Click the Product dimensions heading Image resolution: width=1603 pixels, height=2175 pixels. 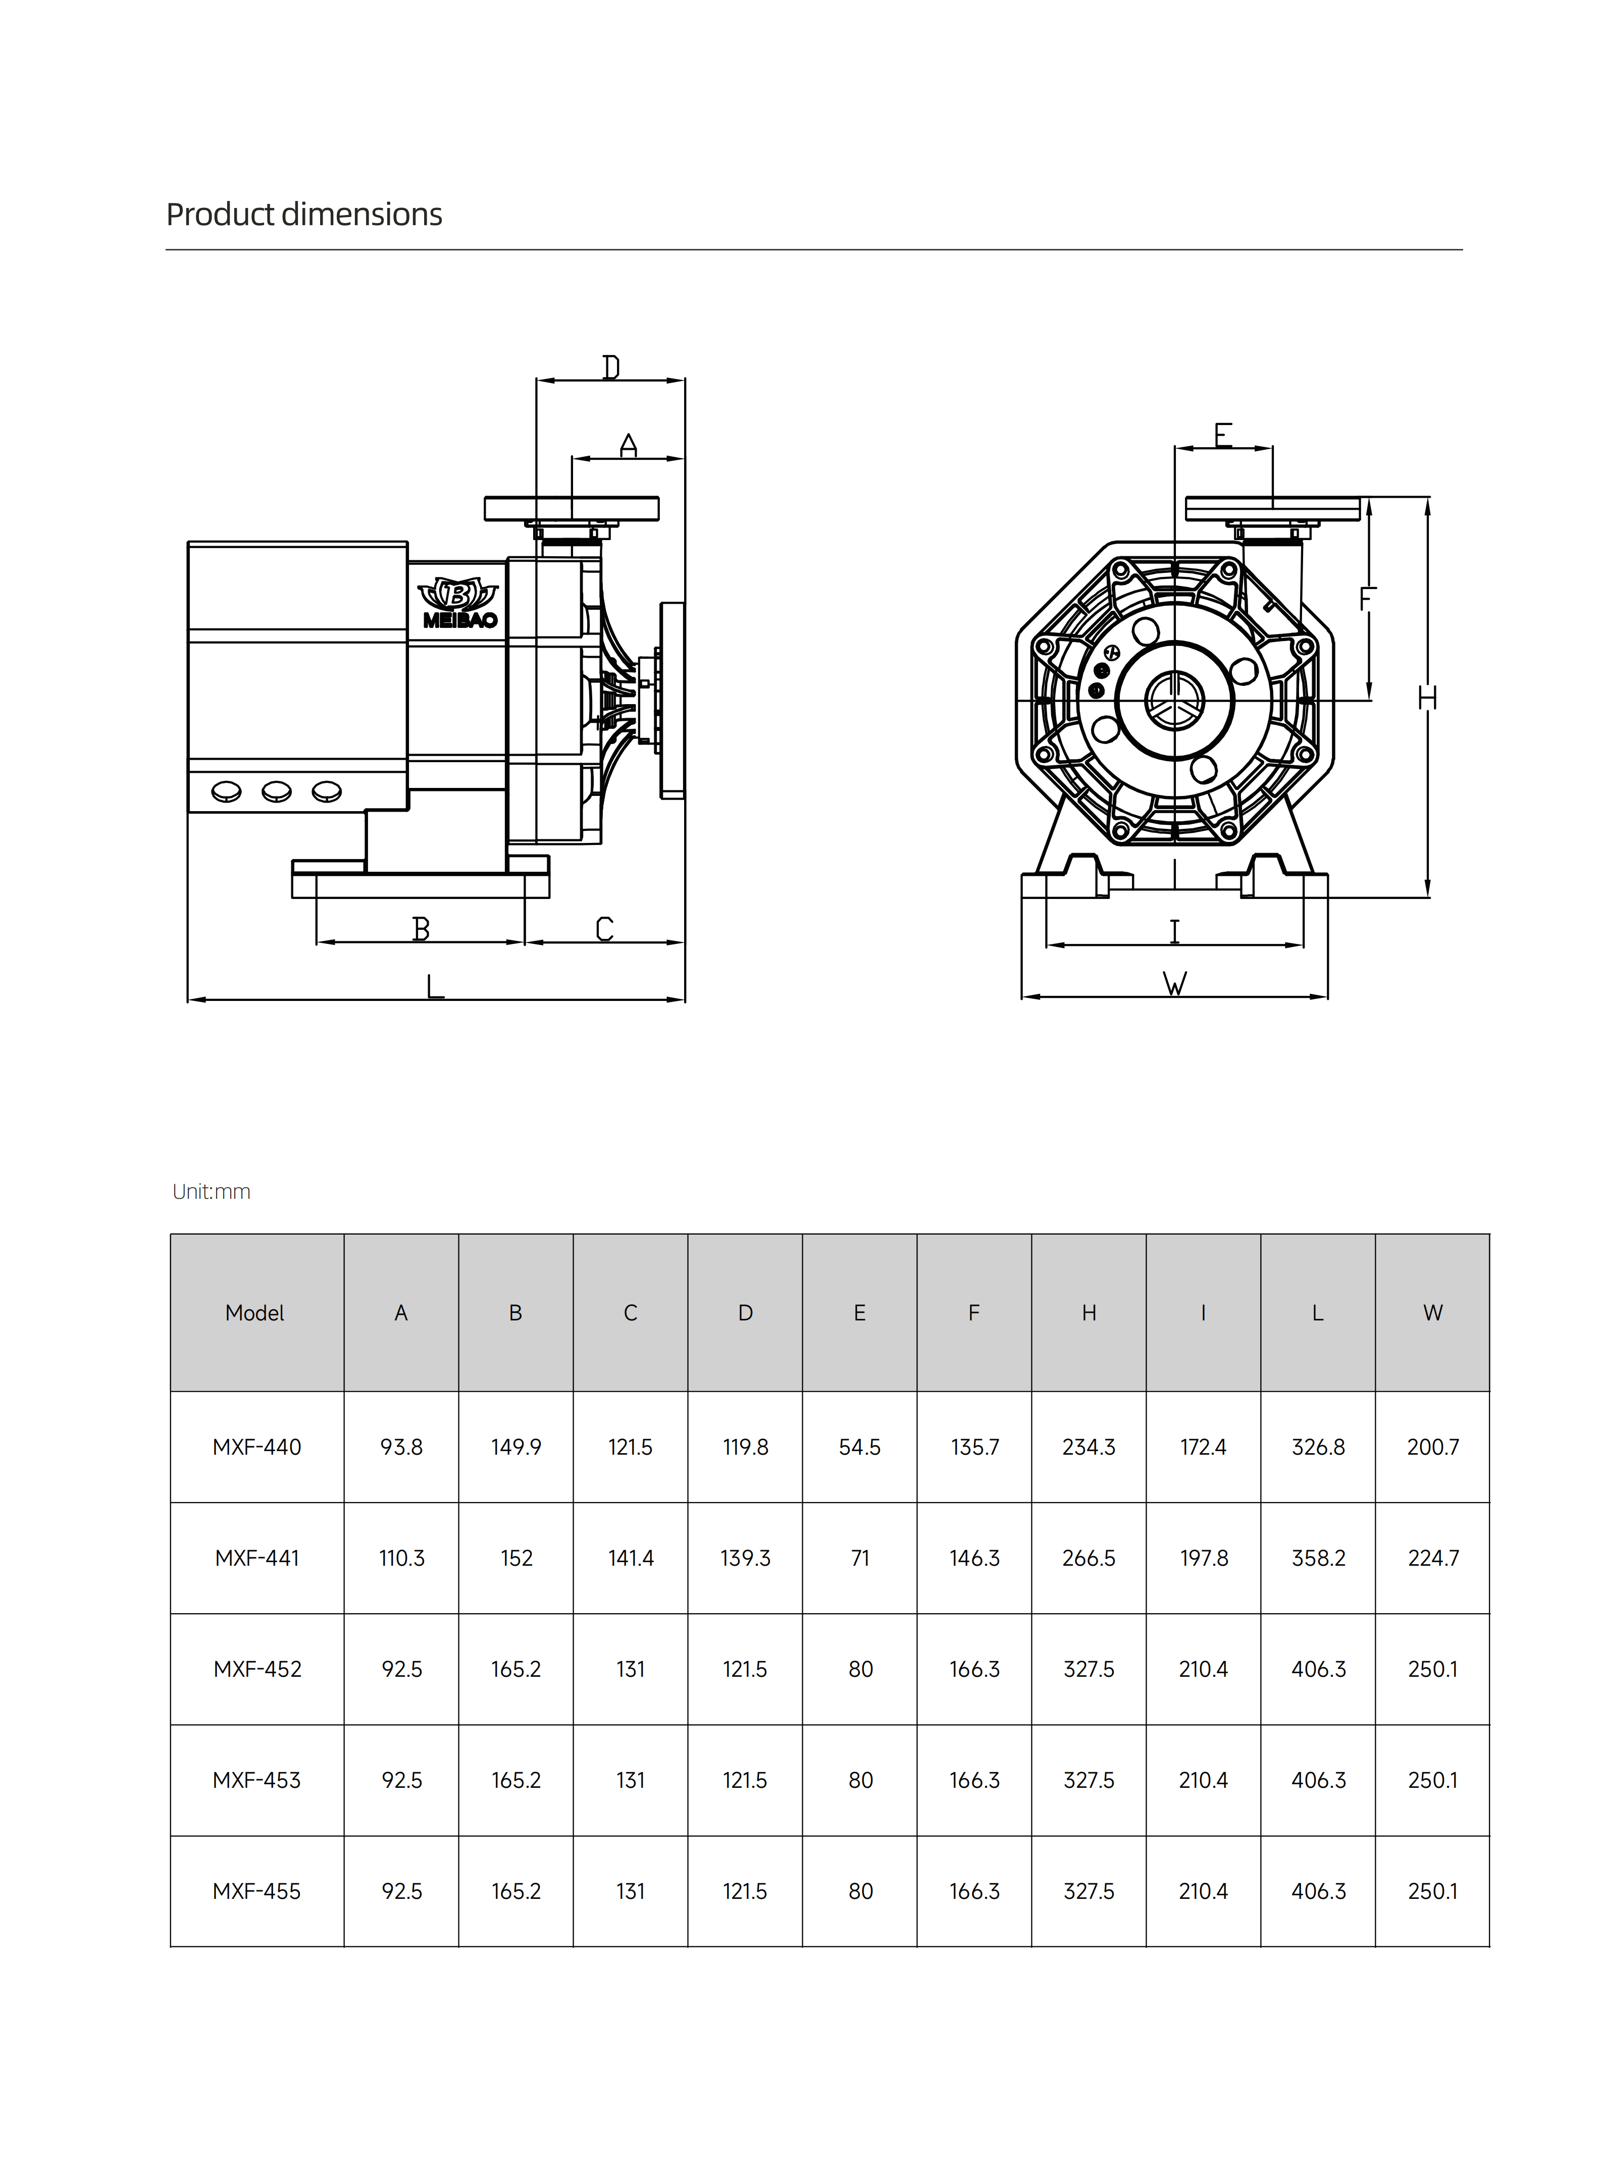[x=304, y=215]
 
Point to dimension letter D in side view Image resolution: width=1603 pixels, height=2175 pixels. [x=610, y=367]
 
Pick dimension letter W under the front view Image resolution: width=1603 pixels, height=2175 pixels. [x=1174, y=985]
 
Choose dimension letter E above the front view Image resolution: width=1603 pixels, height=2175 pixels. [x=1223, y=435]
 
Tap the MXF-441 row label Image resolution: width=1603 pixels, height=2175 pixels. [x=257, y=1558]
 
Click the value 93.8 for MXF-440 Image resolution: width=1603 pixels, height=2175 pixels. [x=401, y=1448]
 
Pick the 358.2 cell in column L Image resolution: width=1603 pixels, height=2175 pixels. [x=1318, y=1558]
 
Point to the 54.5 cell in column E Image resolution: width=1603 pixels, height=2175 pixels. [x=860, y=1448]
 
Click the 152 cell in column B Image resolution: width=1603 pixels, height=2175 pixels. [x=516, y=1558]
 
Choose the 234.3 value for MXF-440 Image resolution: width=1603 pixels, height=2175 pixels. [x=1089, y=1448]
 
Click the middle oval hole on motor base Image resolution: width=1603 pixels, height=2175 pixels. [x=277, y=792]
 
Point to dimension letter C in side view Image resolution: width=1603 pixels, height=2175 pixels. [x=604, y=929]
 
